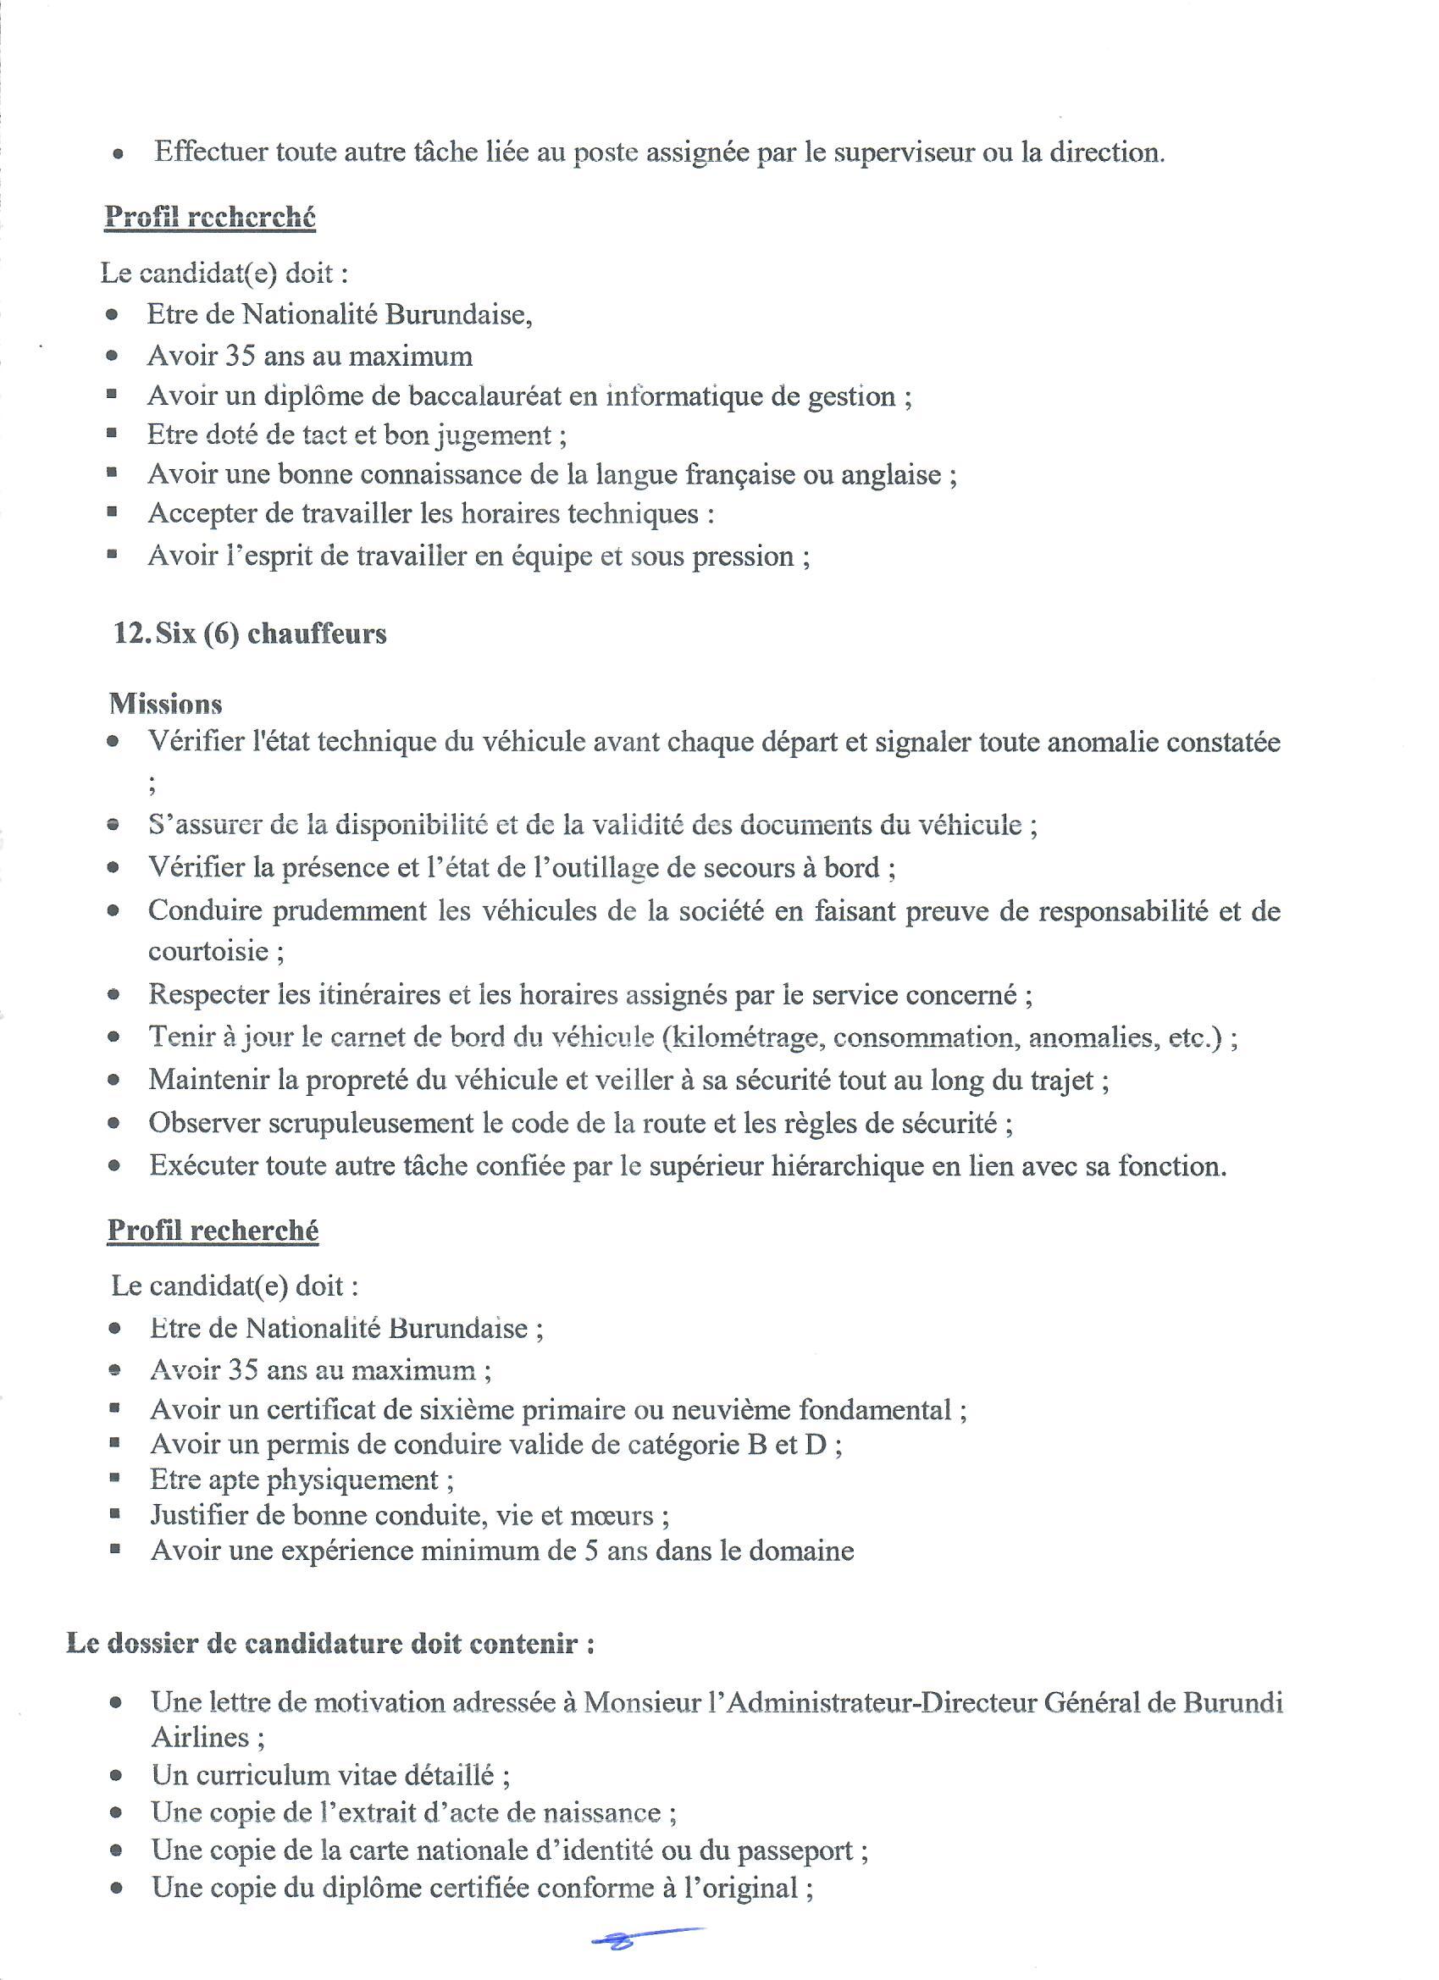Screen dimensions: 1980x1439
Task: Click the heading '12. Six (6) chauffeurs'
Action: (x=250, y=633)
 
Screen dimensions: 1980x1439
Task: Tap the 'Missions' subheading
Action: (x=165, y=704)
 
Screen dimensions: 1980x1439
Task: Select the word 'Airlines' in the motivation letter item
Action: (x=201, y=1737)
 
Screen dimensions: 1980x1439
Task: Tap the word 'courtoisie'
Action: (x=208, y=951)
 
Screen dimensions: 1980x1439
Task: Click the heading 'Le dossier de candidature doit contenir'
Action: (x=331, y=1644)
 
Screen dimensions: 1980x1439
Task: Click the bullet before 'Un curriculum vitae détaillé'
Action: (x=116, y=1777)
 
